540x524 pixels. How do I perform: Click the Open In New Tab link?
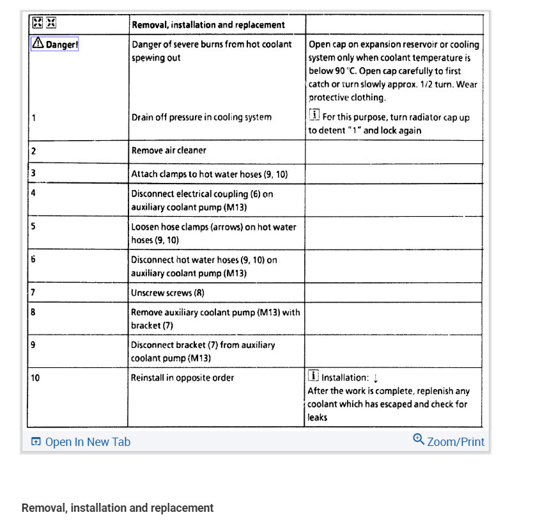(x=81, y=441)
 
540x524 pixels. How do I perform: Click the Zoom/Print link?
(x=455, y=441)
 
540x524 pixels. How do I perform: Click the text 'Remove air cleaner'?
(x=169, y=150)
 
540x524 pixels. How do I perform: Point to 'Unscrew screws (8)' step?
(x=167, y=292)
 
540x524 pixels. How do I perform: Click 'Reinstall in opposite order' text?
(x=182, y=377)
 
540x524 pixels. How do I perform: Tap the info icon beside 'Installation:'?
(x=314, y=376)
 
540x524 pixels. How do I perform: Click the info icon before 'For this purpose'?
(x=314, y=116)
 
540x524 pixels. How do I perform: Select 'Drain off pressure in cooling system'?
(x=201, y=117)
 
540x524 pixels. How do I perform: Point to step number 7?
(x=33, y=292)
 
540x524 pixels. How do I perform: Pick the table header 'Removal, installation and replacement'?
(x=208, y=25)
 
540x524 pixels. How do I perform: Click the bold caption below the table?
(x=118, y=508)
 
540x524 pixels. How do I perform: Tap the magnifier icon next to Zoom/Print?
(x=419, y=440)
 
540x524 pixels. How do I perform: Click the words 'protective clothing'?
(x=348, y=98)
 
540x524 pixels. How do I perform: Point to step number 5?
(x=33, y=226)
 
